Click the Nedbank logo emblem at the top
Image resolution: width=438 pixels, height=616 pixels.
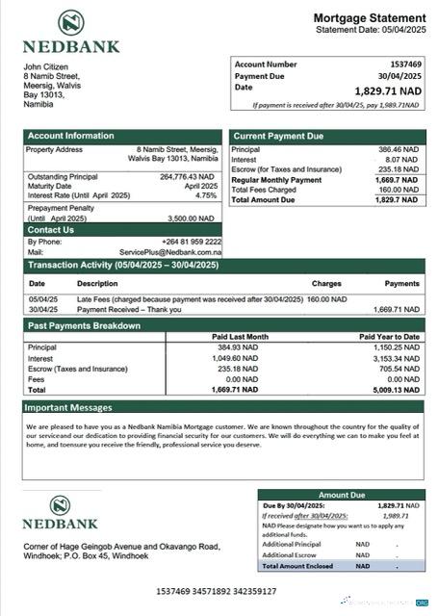[70, 23]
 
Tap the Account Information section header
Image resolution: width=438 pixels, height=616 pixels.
[71, 137]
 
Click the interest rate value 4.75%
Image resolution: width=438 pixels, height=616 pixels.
[206, 195]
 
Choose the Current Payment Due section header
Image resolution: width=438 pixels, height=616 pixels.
[278, 137]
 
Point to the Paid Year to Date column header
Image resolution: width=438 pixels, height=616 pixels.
[390, 337]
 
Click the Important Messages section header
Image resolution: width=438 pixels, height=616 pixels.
[70, 408]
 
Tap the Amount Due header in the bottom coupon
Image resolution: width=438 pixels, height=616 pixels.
[341, 495]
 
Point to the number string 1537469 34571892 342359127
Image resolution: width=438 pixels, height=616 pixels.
[216, 590]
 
